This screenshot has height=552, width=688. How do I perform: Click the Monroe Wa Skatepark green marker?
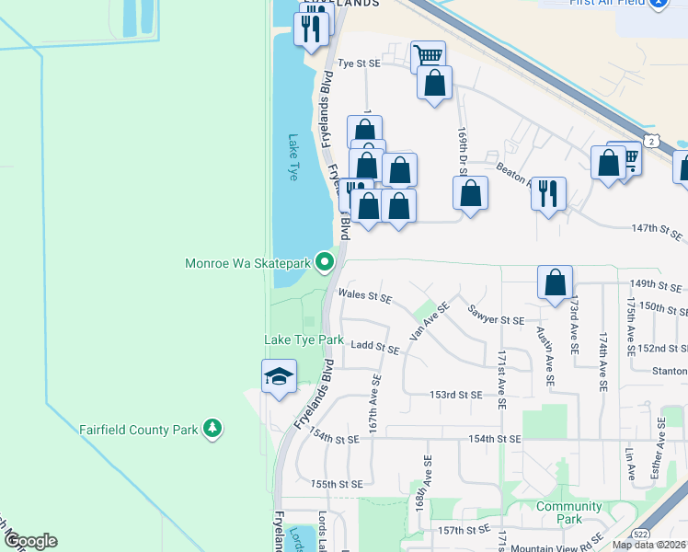pos(324,263)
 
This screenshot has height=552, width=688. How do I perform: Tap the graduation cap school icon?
pos(279,376)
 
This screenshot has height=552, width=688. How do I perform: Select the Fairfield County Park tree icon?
pos(212,428)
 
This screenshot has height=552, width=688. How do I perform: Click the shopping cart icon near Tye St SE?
pos(428,56)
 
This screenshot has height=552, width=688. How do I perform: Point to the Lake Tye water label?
pos(293,157)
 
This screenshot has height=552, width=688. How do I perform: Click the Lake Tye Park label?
pos(304,340)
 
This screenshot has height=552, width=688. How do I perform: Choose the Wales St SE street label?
pos(365,296)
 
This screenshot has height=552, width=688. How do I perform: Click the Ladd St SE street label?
pos(374,350)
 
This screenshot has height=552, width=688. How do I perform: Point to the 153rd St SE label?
pos(455,395)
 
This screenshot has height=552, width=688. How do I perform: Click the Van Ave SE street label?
pos(429,321)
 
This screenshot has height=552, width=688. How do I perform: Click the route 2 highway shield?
pos(651,141)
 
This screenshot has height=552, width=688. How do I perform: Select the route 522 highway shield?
pos(641,535)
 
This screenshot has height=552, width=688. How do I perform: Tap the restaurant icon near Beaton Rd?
pos(548,193)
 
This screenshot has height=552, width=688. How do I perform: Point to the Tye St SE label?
pos(359,63)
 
